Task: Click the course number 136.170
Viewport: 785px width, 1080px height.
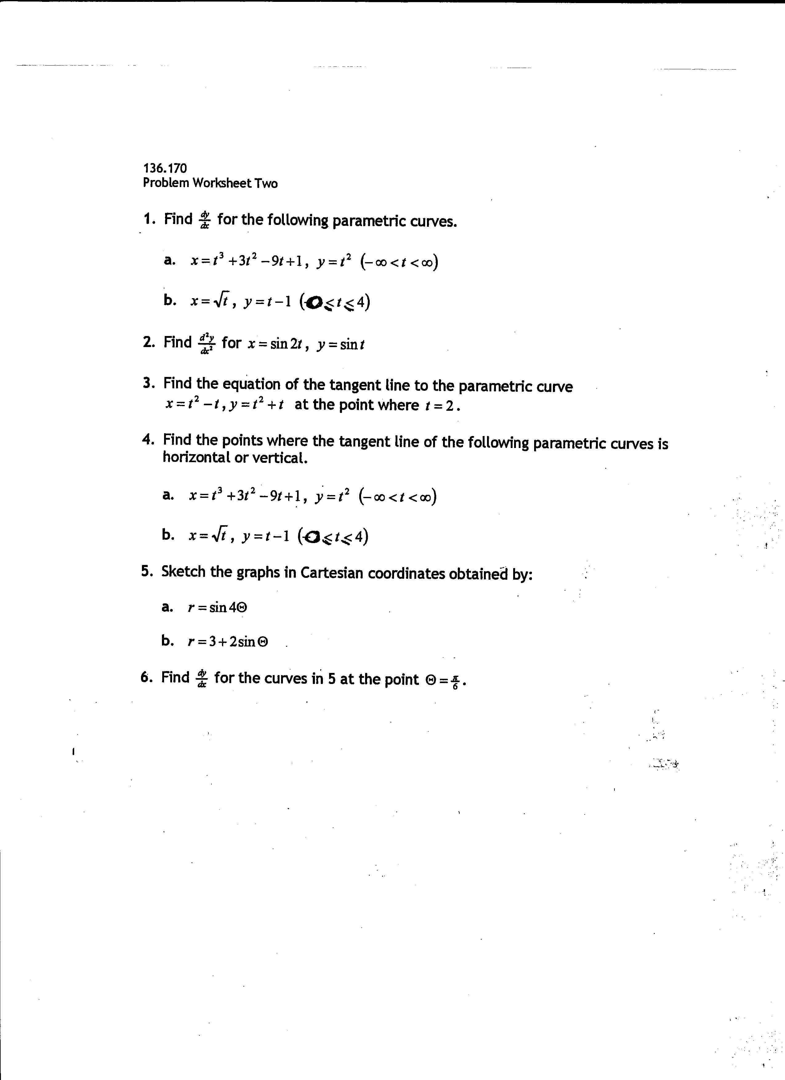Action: (x=165, y=168)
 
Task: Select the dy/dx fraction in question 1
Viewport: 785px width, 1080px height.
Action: (x=205, y=221)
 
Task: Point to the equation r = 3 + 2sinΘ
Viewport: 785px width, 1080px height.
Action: (x=228, y=642)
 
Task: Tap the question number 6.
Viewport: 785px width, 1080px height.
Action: (x=146, y=677)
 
